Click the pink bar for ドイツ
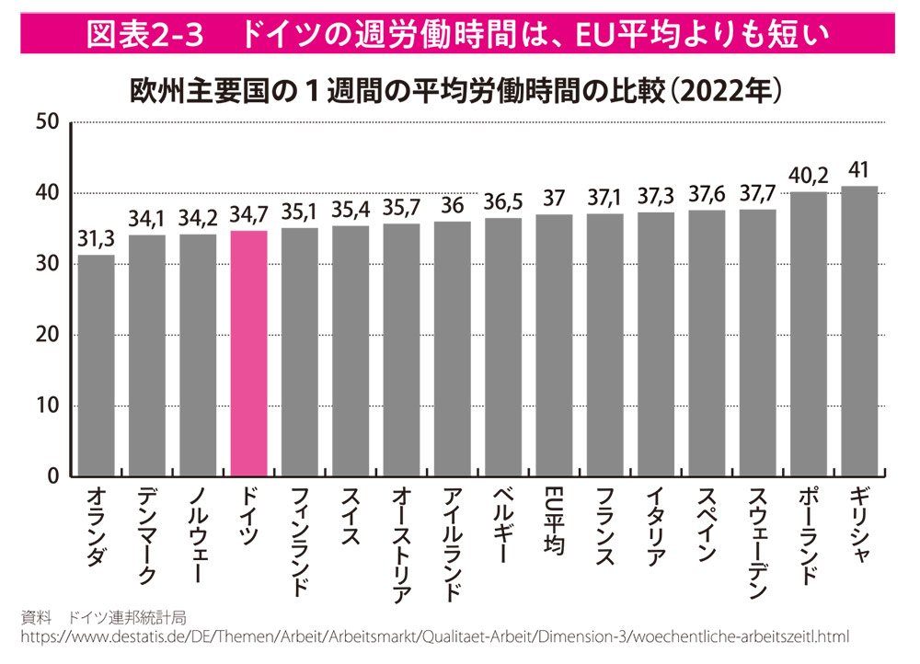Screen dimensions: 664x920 coord(248,353)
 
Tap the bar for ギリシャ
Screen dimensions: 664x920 coord(858,331)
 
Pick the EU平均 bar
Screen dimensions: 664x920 coord(554,345)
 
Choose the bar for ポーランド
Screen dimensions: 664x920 coord(808,334)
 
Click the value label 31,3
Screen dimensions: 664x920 coord(97,239)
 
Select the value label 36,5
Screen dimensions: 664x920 coord(503,202)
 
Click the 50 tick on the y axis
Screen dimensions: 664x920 coord(48,122)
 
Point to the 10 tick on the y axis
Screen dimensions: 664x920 coord(48,406)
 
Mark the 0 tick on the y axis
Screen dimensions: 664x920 coord(53,476)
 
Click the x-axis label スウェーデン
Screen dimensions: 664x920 coord(757,543)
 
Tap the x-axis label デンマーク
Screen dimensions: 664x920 coord(147,534)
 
